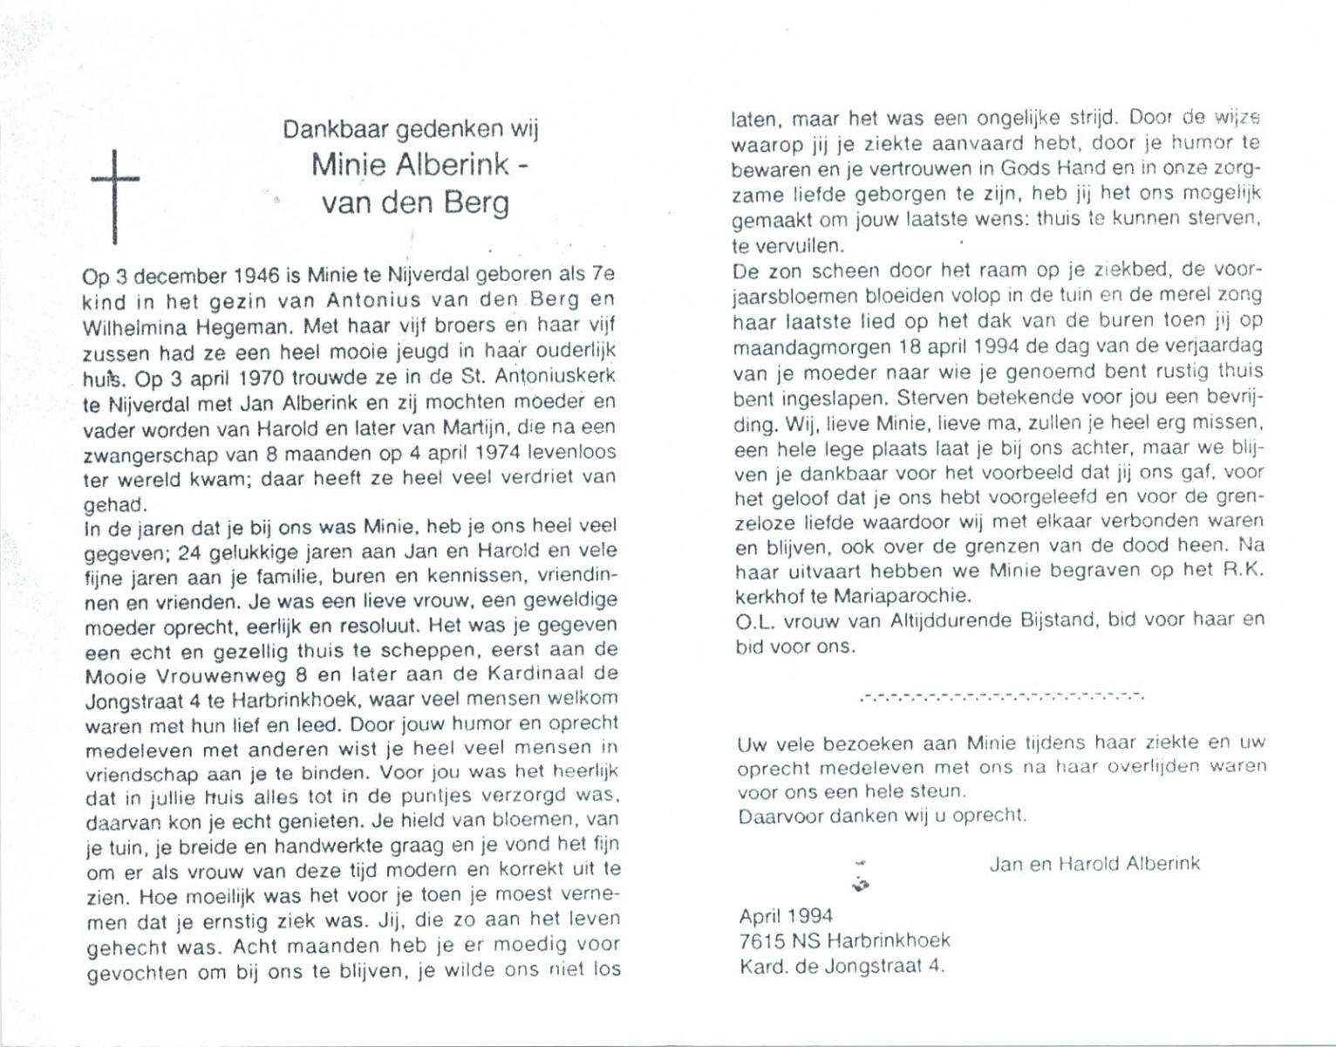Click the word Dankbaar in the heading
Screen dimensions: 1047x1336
pyautogui.click(x=336, y=129)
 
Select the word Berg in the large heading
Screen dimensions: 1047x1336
pyautogui.click(x=475, y=203)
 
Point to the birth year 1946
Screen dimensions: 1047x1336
pyautogui.click(x=256, y=276)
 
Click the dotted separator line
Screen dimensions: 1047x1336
pyautogui.click(x=1000, y=696)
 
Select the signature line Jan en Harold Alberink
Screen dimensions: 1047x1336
pyautogui.click(x=1094, y=864)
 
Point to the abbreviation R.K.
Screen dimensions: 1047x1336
pyautogui.click(x=1242, y=571)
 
